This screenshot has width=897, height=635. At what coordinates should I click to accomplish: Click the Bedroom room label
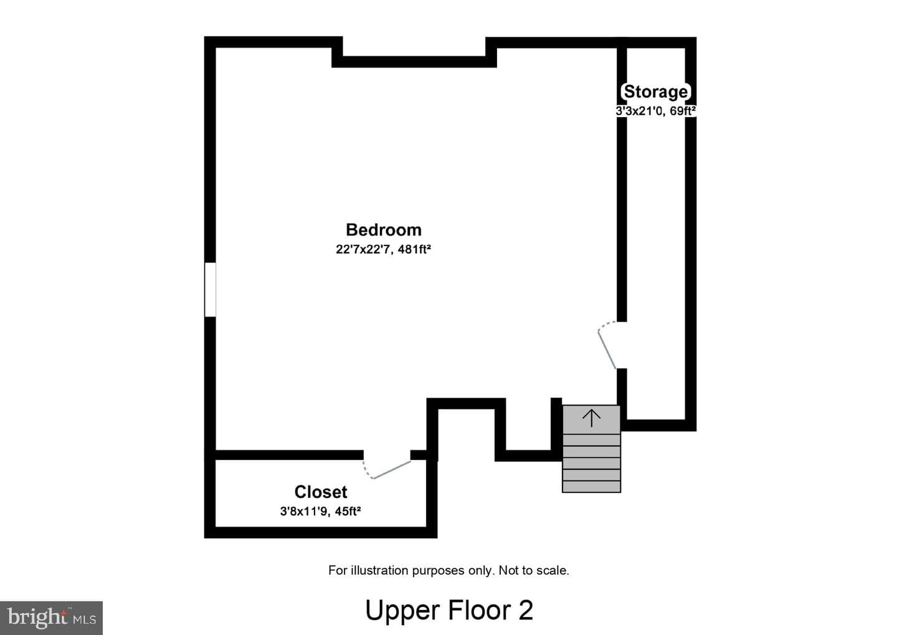coord(384,230)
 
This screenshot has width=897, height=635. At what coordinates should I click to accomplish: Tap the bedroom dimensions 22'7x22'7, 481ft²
coord(383,249)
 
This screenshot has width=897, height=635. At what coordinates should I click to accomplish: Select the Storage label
coord(656,92)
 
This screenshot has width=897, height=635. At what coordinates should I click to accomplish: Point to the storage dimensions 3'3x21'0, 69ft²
coord(655,111)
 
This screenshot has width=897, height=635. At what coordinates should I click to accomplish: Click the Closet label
coord(321,492)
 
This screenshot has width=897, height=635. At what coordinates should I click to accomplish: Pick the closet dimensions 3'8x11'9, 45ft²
coord(320,511)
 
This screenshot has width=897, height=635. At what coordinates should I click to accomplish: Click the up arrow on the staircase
coord(592,419)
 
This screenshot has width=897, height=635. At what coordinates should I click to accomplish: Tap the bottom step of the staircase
coord(592,486)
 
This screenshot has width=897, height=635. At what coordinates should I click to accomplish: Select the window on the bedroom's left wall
coord(211,290)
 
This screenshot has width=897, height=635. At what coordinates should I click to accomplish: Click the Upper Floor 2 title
coord(449,610)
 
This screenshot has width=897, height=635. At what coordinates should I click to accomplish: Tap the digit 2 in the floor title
coord(526,609)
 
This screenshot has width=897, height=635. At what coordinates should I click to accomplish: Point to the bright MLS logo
coord(51,618)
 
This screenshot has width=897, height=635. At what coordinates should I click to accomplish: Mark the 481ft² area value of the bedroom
coord(414,249)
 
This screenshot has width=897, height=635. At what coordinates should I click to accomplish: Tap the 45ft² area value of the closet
coord(348,511)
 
